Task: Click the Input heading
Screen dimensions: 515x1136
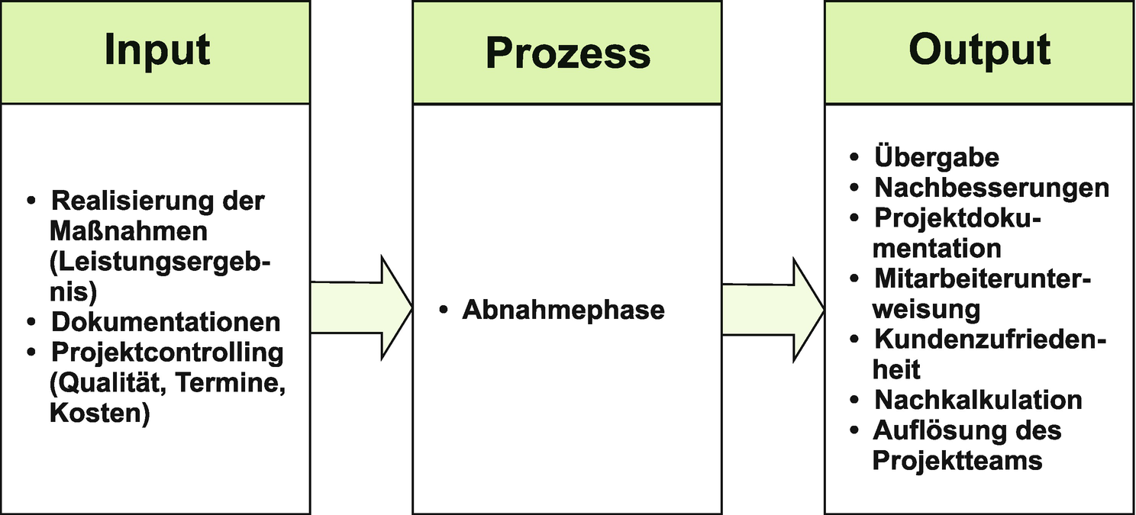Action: (x=157, y=50)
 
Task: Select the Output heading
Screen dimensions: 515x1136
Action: (x=979, y=50)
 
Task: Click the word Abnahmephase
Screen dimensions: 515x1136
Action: (x=563, y=311)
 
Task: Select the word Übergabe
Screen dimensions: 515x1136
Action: (x=937, y=157)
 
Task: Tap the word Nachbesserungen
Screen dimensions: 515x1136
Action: (x=992, y=188)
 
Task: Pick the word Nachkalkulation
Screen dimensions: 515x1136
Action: (x=978, y=400)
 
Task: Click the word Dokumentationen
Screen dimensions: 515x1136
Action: (x=166, y=322)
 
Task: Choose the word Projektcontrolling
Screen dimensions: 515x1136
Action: (x=167, y=352)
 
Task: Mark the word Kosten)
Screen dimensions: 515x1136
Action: (x=99, y=414)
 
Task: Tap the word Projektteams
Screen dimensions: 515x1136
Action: (x=957, y=460)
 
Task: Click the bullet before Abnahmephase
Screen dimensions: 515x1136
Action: (x=444, y=311)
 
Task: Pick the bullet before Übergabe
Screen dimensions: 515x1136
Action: (x=855, y=158)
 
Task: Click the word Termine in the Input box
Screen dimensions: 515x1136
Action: (x=231, y=384)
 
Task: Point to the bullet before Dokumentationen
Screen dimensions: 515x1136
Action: (x=32, y=323)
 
